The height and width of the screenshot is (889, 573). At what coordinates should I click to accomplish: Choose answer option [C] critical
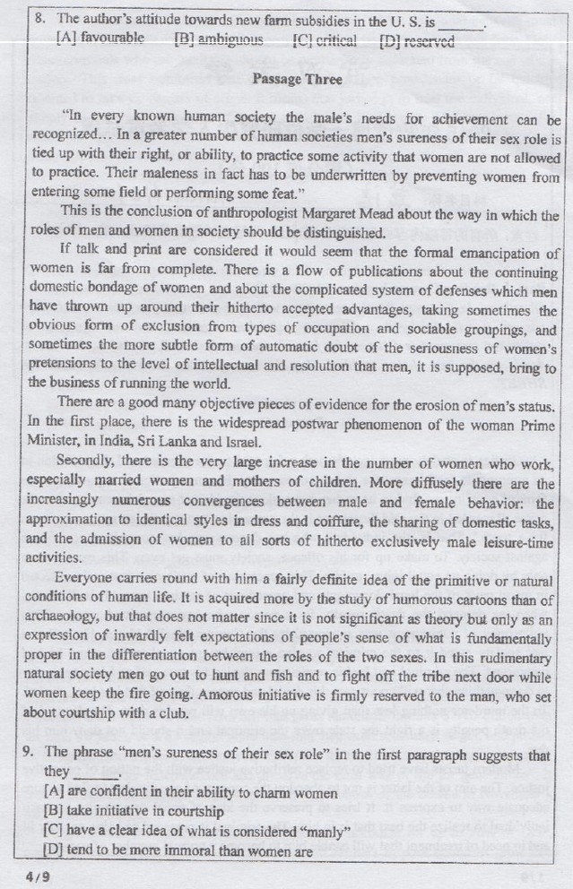(325, 40)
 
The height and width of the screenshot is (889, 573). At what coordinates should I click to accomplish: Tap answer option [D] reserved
(417, 41)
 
